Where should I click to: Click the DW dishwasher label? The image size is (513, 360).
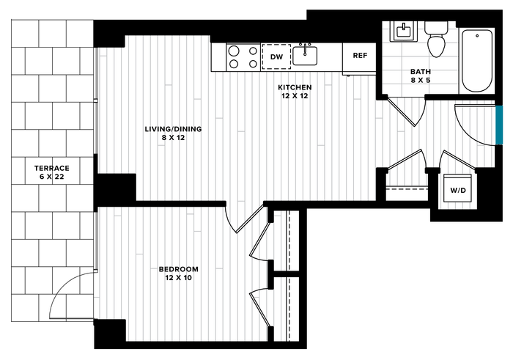276,57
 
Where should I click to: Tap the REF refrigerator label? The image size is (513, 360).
360,56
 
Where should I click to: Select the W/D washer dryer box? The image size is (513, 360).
458,188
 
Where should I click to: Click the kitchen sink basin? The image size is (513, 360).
305,56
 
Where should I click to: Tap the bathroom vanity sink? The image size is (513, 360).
404,32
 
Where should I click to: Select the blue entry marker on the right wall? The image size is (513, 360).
499,125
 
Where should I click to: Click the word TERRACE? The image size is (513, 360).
52,168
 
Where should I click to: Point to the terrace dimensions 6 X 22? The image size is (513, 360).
52,177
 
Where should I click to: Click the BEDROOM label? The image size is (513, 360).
178,269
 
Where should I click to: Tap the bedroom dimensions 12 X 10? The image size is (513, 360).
178,278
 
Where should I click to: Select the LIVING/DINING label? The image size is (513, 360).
173,129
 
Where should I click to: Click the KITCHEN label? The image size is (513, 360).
295,87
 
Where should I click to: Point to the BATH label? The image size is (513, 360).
421,71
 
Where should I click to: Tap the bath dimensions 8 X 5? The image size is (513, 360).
421,80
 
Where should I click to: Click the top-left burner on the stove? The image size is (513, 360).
234,51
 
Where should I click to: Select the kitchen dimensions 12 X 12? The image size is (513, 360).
295,96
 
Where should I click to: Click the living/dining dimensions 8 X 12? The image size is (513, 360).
173,138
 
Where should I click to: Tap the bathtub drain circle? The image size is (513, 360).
477,36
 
